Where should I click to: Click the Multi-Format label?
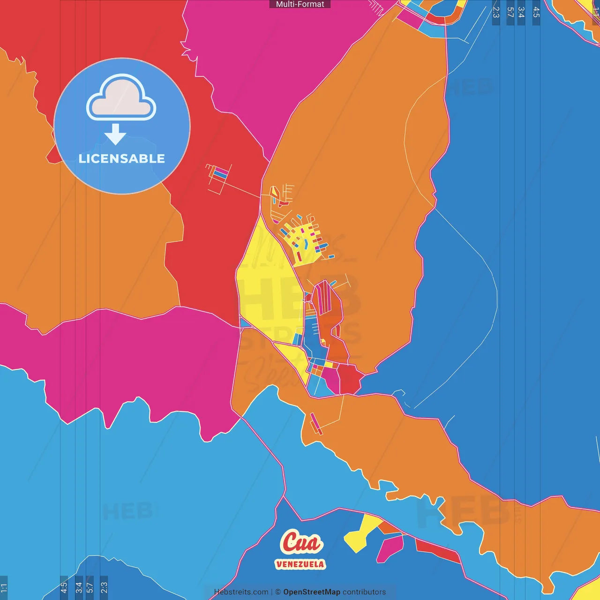[x=300, y=4]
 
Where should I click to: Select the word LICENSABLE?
[x=122, y=159]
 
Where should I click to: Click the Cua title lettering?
[x=301, y=542]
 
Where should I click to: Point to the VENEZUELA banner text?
[x=300, y=564]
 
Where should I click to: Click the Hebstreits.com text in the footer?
[x=241, y=592]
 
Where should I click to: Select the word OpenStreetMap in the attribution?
[x=311, y=592]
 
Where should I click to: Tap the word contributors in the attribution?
[x=364, y=592]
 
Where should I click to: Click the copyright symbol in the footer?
[x=278, y=592]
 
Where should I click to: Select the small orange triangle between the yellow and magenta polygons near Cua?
[x=388, y=528]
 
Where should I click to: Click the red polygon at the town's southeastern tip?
[x=350, y=379]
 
